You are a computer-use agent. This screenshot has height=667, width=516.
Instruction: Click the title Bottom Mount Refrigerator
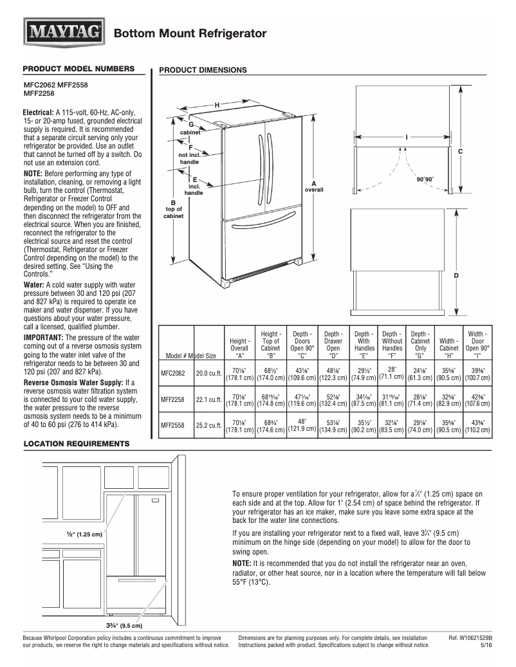point(190,33)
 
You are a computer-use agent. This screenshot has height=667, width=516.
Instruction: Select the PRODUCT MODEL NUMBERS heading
point(78,69)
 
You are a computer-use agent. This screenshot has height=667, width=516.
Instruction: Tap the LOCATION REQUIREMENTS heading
point(76,444)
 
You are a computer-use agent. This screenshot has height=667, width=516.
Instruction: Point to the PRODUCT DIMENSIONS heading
point(203,70)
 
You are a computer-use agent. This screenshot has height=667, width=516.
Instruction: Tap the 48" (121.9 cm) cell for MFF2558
point(302,425)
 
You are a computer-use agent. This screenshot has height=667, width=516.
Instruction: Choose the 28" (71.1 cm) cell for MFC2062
point(391,372)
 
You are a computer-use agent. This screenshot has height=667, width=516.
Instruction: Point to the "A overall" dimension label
point(314,187)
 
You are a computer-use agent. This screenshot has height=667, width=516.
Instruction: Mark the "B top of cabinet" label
point(174,209)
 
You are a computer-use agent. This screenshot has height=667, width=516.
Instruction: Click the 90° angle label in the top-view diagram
point(425,179)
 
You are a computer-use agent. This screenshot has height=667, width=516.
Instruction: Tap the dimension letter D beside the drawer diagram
point(456,275)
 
